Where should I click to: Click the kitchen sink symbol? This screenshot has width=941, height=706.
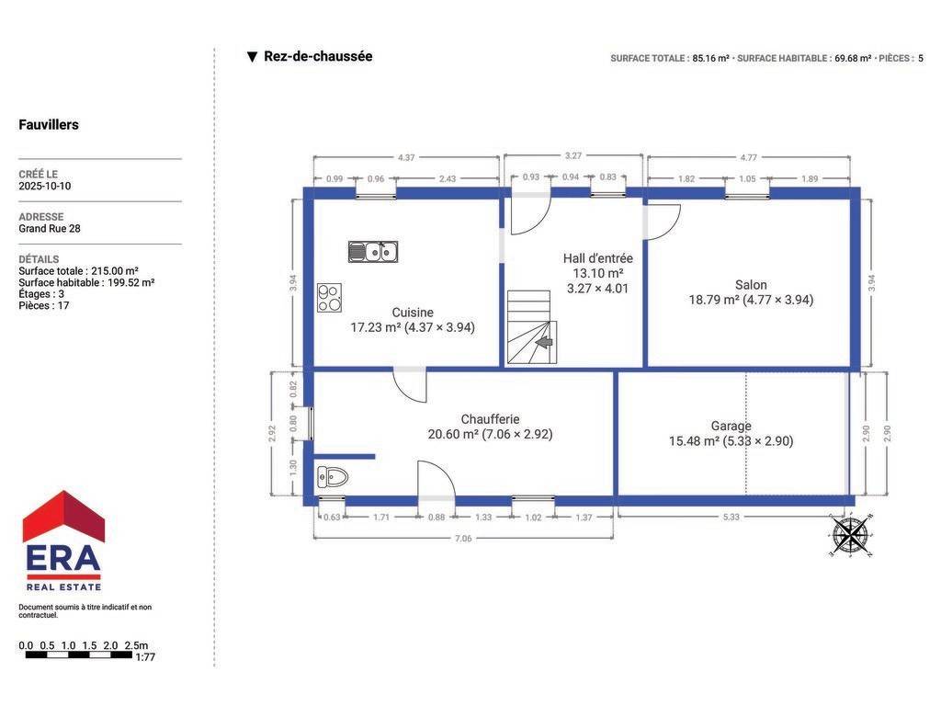coord(373,252)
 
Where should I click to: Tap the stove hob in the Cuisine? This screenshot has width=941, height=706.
coord(330,298)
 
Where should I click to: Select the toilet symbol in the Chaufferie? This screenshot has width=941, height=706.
coord(333,477)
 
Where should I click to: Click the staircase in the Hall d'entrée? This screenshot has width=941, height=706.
coord(532,327)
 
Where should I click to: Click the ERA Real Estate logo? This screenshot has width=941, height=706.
coord(63,541)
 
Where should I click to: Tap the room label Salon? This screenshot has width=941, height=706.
coord(751,285)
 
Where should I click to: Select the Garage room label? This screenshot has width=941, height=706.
coord(731,427)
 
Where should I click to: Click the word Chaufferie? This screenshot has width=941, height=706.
coord(490,419)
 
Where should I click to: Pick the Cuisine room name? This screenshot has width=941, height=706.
coord(413,313)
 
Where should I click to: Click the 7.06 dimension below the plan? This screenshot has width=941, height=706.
coord(463,539)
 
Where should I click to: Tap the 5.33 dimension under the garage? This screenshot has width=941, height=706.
coord(731,517)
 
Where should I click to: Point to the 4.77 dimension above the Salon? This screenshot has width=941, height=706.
coord(748,157)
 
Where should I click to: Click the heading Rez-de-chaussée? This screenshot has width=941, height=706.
coord(318,56)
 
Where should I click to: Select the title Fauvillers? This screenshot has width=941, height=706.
coord(49,125)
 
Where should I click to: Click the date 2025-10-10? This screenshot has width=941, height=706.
coord(44,186)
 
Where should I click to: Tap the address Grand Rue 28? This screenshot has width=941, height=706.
coord(50,229)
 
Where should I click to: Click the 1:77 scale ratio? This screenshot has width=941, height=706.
coord(145,657)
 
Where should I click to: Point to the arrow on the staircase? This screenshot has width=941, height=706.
coord(544,342)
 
